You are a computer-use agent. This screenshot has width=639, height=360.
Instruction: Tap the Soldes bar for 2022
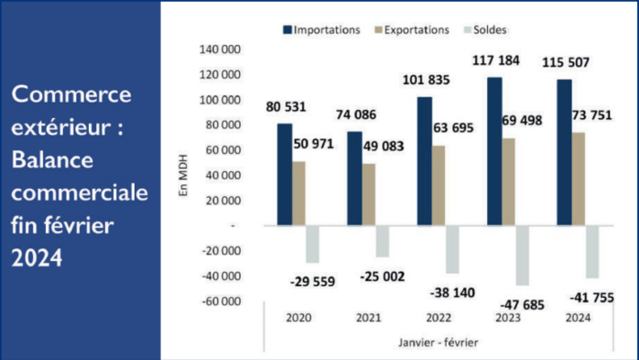tap(452, 249)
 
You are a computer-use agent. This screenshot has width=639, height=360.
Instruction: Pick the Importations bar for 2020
tap(285, 174)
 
